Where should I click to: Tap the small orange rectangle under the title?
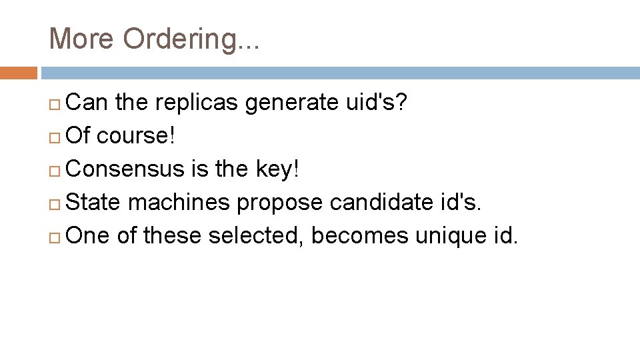coord(18,73)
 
